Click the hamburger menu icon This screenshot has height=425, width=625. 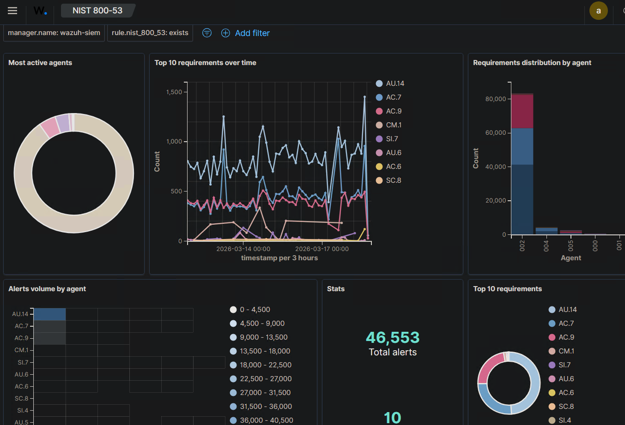[12, 11]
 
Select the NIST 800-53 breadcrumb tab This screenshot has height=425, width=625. [97, 11]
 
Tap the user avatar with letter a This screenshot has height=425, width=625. [598, 11]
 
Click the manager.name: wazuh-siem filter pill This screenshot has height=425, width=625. [54, 33]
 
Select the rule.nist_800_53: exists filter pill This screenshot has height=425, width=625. [150, 33]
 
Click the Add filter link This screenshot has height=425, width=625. [252, 33]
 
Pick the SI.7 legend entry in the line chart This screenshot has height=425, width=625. [391, 139]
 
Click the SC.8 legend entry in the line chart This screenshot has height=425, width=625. [393, 180]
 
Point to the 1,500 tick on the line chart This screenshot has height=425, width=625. [174, 92]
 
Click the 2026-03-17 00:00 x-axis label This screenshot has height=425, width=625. [322, 249]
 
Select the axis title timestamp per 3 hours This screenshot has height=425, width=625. [279, 258]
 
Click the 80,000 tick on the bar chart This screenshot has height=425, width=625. [495, 99]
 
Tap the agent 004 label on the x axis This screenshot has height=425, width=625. [546, 245]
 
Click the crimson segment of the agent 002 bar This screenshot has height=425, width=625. [522, 111]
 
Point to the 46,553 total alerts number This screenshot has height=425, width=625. [393, 338]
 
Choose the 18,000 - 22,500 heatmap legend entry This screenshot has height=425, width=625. [265, 365]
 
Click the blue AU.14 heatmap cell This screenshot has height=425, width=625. [50, 314]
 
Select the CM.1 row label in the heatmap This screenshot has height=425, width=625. [22, 350]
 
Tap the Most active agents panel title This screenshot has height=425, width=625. [40, 63]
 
